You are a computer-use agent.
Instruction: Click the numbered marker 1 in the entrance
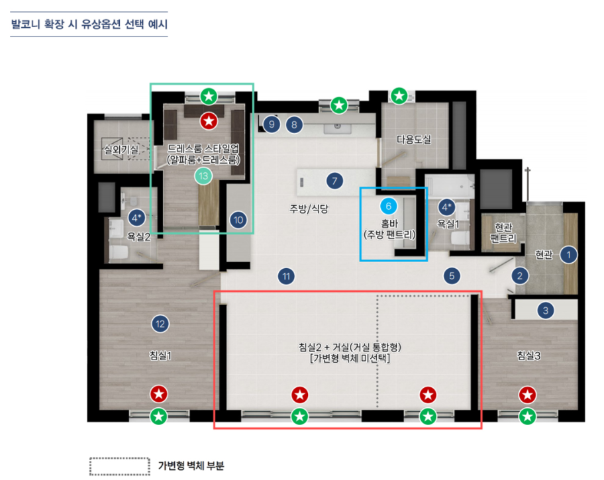[568, 255]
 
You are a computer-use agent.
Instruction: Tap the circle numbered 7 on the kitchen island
[334, 181]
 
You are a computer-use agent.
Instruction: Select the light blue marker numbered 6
[388, 206]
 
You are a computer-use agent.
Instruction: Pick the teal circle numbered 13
[203, 176]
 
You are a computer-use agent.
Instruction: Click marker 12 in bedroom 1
[160, 324]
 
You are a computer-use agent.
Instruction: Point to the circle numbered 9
[272, 124]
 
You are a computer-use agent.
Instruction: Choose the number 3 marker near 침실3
[545, 311]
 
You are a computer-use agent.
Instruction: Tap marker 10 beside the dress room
[238, 220]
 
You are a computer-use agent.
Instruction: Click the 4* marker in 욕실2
[136, 218]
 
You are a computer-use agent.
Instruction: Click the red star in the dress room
[209, 121]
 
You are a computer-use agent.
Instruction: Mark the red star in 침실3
[527, 395]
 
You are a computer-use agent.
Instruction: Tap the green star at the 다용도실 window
[399, 95]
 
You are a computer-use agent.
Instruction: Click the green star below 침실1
[159, 416]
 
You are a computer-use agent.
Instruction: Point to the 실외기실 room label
[121, 149]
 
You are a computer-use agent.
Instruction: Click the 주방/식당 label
[309, 209]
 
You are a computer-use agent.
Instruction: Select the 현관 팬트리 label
[503, 232]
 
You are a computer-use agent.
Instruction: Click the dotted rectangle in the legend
[120, 466]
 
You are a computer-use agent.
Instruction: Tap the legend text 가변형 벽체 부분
[191, 465]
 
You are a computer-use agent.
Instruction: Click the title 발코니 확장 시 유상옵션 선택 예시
[89, 24]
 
